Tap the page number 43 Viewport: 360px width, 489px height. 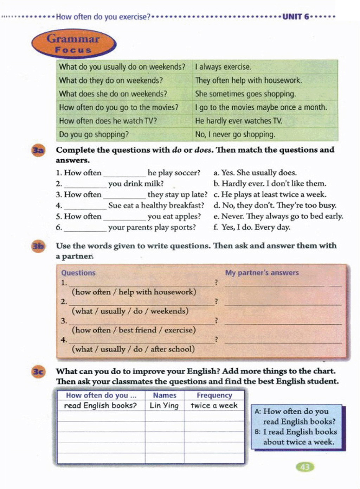pos(305,467)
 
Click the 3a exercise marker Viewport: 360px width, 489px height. pos(38,151)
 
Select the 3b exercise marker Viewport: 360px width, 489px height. pos(38,246)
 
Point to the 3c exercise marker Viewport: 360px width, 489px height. pos(38,371)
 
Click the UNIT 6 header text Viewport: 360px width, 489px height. pos(296,17)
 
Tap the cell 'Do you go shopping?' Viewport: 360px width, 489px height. pos(94,134)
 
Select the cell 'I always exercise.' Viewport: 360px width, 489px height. pos(223,67)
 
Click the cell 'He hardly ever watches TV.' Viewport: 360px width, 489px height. pos(239,121)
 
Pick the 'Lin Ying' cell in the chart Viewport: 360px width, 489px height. pos(164,406)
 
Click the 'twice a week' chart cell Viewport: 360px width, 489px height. pos(214,406)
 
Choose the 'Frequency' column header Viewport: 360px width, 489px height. pos(214,395)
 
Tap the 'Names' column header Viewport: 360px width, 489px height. pos(165,395)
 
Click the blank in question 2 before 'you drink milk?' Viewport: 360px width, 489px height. pos(85,184)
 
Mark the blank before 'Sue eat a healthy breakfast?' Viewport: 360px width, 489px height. pos(85,206)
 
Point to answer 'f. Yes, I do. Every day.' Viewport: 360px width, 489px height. pos(252,227)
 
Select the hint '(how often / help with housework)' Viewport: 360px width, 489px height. pos(134,292)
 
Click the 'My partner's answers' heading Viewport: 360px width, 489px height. pos(262,273)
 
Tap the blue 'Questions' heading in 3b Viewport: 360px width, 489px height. pos(78,273)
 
